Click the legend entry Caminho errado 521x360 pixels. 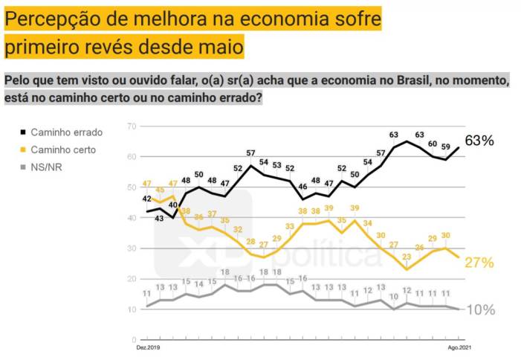66,132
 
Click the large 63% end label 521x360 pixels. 479,141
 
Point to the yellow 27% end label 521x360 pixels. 479,262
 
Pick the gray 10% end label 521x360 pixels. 479,310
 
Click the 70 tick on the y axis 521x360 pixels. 132,126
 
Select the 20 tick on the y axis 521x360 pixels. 132,279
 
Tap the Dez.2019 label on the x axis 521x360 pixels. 148,347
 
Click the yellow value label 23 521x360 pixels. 407,257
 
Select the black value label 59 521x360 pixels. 446,146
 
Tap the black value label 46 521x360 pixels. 303,186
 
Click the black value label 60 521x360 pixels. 433,143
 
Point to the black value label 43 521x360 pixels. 161,218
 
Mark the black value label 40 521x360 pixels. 173,205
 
